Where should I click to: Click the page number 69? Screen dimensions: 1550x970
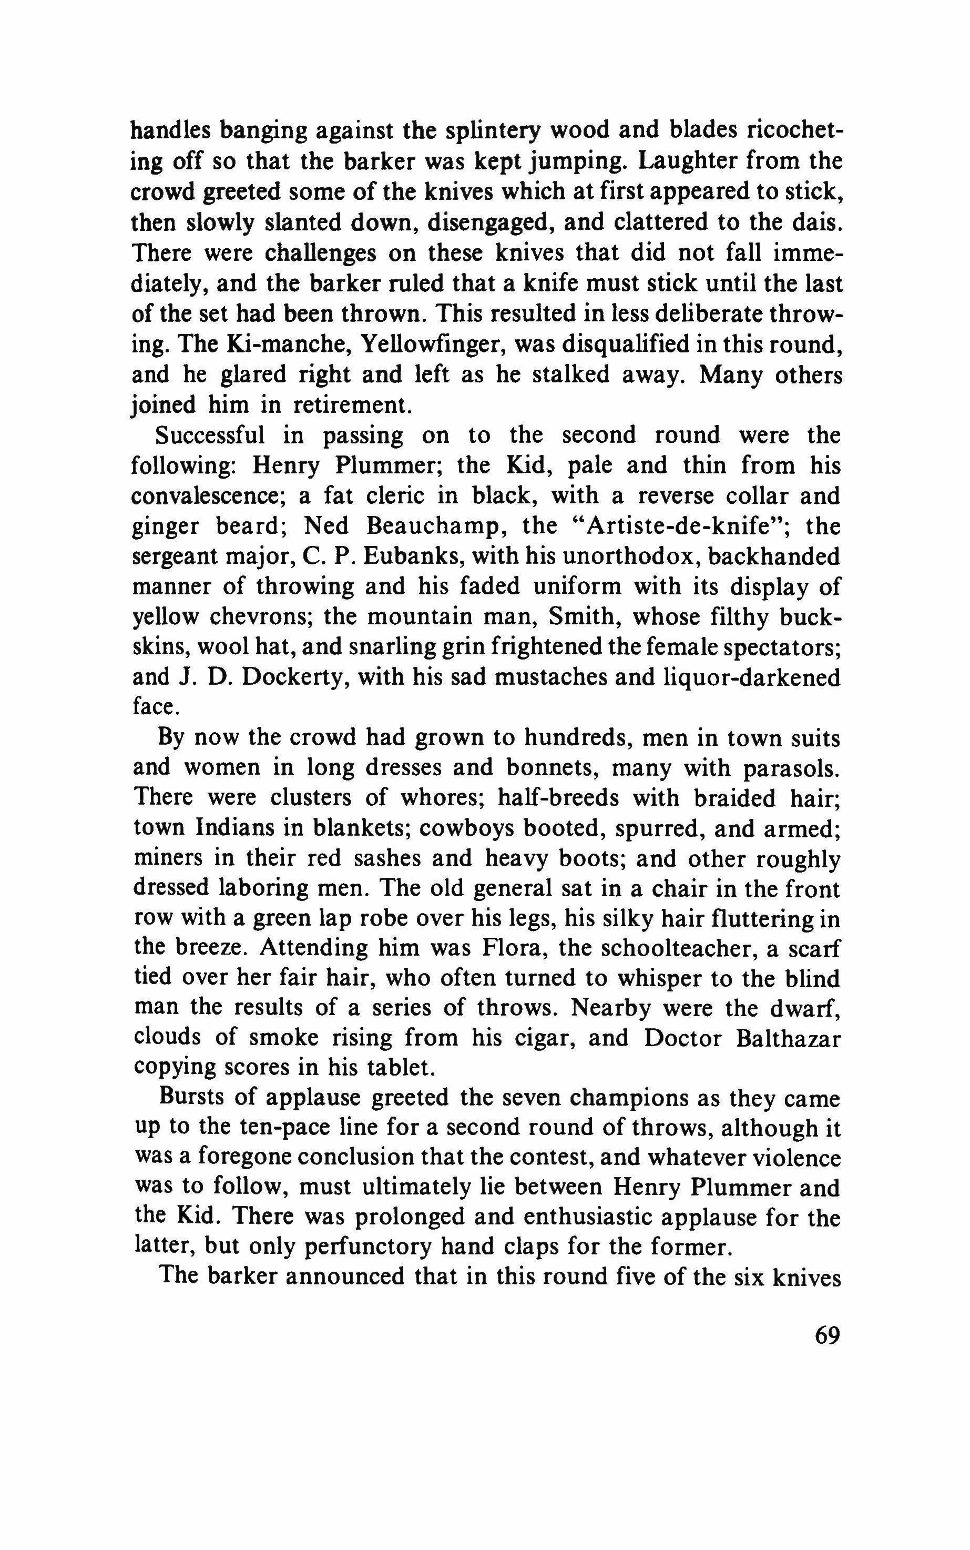tap(827, 1337)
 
